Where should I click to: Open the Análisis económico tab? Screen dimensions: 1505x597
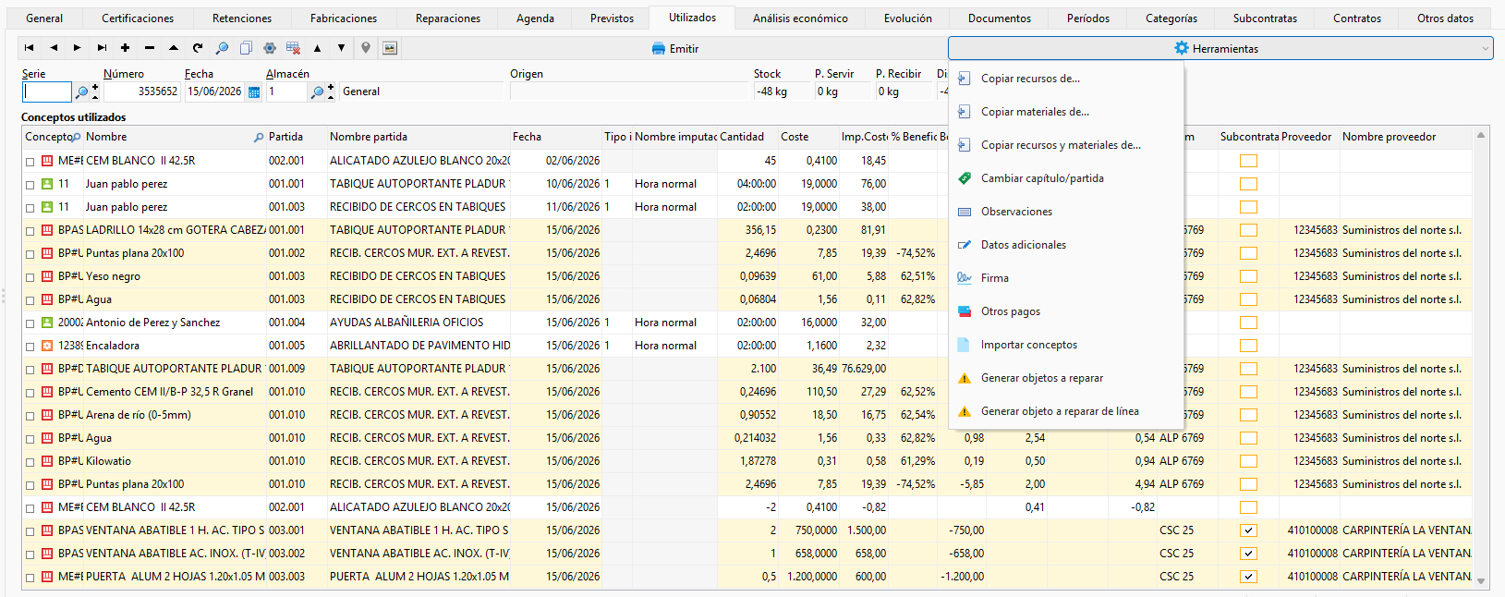tap(799, 18)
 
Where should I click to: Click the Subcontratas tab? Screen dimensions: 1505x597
tap(1265, 18)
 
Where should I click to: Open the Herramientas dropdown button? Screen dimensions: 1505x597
tap(1220, 48)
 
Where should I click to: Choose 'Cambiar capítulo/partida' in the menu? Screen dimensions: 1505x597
tap(1042, 178)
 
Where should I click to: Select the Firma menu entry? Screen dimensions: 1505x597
tap(994, 277)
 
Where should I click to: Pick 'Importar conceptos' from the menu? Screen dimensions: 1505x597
tap(1028, 345)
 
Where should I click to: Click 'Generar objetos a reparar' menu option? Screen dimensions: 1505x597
tap(1041, 378)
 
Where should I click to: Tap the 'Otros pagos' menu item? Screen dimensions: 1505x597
tap(1010, 311)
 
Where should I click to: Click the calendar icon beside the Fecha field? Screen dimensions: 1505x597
tap(254, 92)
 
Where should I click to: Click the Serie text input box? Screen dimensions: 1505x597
tap(47, 91)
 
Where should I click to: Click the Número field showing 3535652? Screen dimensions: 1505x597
tap(140, 91)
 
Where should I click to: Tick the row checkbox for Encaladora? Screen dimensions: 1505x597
tap(30, 347)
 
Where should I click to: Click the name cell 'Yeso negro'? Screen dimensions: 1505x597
tap(113, 276)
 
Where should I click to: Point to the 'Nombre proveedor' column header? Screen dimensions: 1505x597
tap(1389, 137)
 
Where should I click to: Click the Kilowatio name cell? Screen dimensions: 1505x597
tap(108, 461)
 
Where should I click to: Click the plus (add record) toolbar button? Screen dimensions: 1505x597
tap(125, 48)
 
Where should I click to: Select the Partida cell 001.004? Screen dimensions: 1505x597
tap(286, 322)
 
